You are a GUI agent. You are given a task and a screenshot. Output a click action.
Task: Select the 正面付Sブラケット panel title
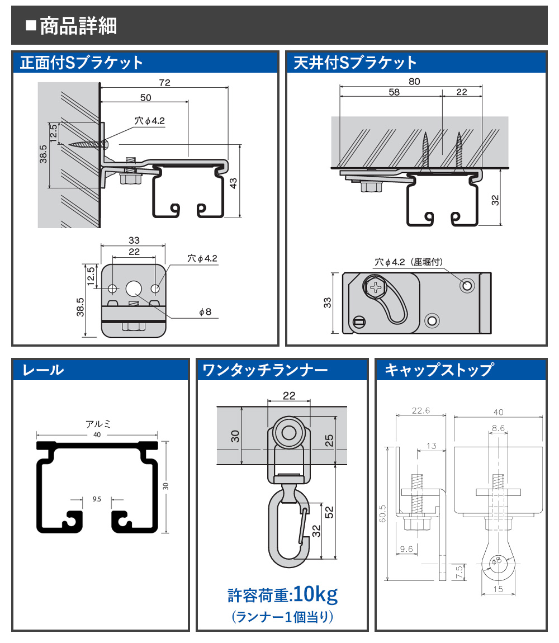[82, 63]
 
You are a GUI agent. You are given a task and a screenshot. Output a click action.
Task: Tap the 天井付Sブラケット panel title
[355, 63]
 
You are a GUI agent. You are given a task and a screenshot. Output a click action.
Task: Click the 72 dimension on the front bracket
[164, 82]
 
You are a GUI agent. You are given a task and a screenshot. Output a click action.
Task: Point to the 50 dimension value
[145, 98]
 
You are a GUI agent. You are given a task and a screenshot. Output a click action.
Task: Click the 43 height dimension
[233, 183]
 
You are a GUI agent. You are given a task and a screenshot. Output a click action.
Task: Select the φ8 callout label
[205, 311]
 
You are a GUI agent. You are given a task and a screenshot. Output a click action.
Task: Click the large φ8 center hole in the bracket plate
[134, 289]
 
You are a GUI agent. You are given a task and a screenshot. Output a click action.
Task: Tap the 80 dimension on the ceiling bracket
[414, 81]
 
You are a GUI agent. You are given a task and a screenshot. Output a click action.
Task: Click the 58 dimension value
[394, 92]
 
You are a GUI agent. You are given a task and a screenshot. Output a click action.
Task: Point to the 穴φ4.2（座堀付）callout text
[409, 262]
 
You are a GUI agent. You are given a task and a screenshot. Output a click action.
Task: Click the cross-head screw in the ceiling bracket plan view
[375, 287]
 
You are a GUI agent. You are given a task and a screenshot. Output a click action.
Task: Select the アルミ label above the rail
[98, 424]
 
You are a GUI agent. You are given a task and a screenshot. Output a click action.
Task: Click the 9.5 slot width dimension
[97, 499]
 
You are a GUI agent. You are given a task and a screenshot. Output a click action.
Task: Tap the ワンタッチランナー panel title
[265, 370]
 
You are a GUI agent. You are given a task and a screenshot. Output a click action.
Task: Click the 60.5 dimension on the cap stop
[382, 513]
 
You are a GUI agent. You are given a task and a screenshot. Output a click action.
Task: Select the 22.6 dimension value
[421, 410]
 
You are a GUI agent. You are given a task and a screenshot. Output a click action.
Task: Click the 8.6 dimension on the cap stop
[498, 428]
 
